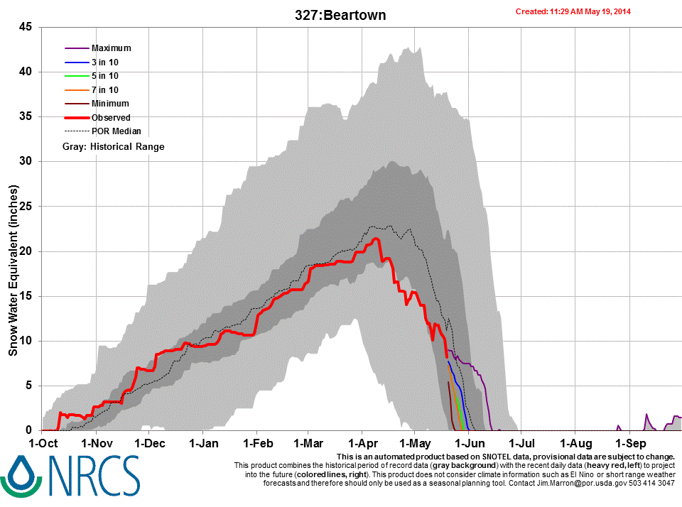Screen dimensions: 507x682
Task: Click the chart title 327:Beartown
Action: pyautogui.click(x=341, y=15)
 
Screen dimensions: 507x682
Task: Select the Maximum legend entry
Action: pyautogui.click(x=111, y=48)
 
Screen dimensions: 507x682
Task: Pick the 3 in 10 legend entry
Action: pyautogui.click(x=105, y=62)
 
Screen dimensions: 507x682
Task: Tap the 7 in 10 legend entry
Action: pyautogui.click(x=105, y=90)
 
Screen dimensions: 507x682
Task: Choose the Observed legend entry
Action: pyautogui.click(x=111, y=118)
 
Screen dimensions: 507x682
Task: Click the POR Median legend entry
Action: pyautogui.click(x=116, y=131)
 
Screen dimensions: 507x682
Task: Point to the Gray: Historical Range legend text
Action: pyautogui.click(x=112, y=147)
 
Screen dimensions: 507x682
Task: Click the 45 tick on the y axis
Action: pyautogui.click(x=26, y=27)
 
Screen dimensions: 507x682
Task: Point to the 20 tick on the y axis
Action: pyautogui.click(x=26, y=251)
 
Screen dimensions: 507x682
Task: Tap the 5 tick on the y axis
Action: pyautogui.click(x=29, y=386)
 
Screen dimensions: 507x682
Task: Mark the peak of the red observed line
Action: pyautogui.click(x=376, y=239)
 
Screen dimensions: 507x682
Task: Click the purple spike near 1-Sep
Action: pyautogui.click(x=646, y=415)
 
